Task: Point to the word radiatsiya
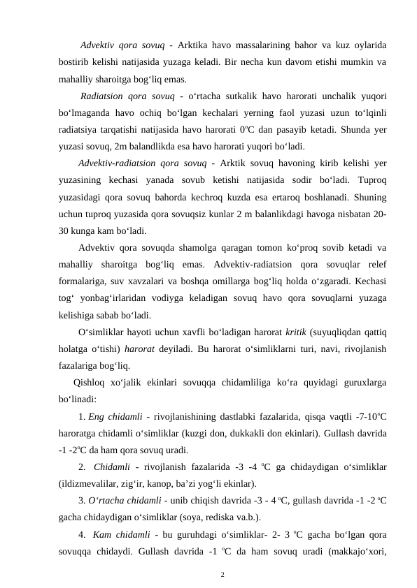coord(78,129)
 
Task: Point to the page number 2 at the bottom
coord(222,575)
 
